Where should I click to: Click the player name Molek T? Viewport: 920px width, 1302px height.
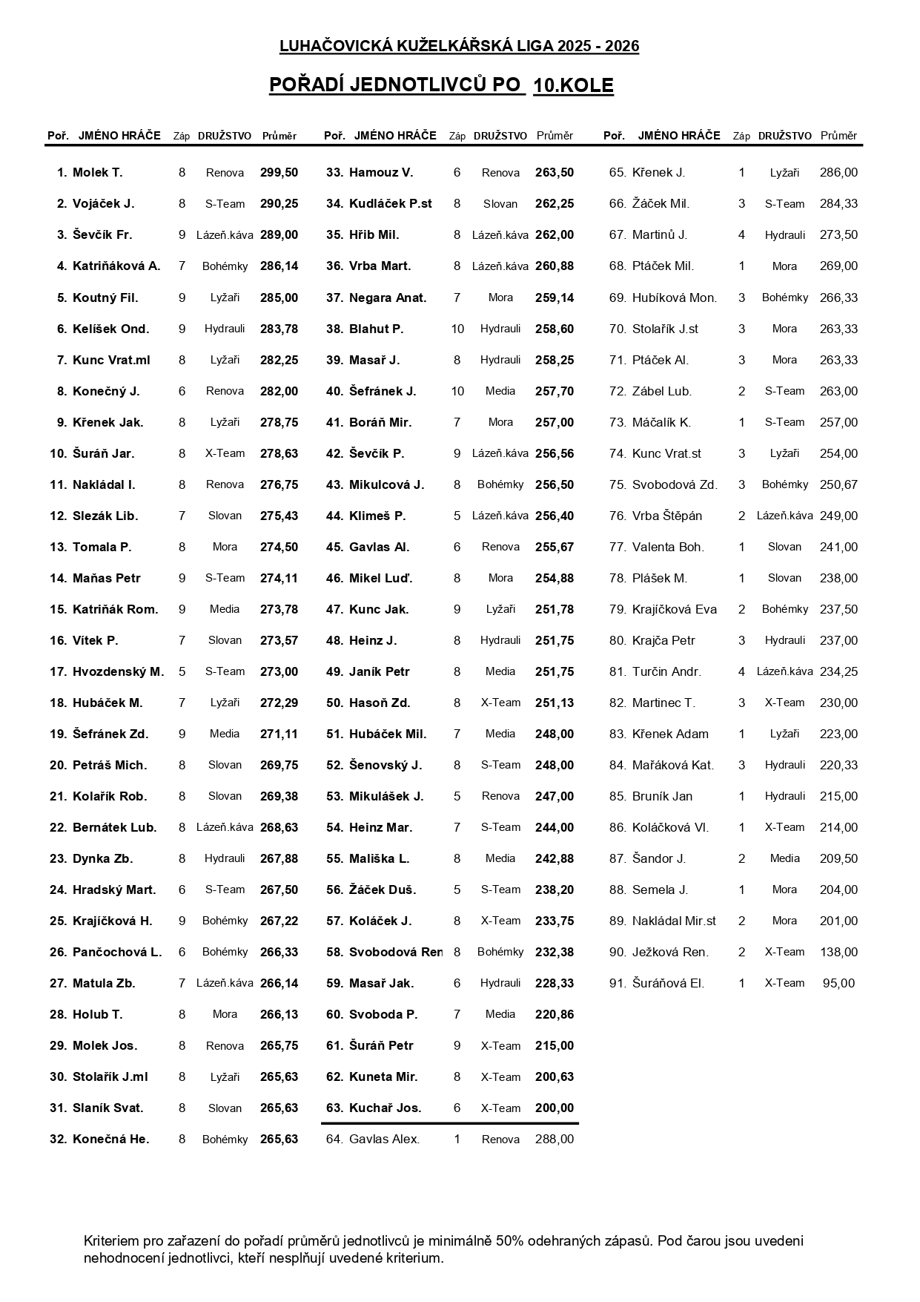pos(97,173)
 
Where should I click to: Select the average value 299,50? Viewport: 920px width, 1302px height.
pos(279,173)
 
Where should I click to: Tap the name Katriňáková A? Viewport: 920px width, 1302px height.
pos(116,266)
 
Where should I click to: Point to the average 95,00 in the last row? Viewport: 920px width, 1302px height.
pos(838,984)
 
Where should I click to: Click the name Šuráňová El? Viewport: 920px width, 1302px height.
pos(668,984)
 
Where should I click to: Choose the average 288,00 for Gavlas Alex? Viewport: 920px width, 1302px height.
pos(554,1140)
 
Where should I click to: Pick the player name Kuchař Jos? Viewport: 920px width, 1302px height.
pos(385,1108)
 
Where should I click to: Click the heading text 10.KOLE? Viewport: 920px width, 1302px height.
pos(573,86)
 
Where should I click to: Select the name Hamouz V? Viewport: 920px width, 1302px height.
pos(381,173)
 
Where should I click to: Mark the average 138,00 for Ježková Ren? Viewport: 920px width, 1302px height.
pos(838,953)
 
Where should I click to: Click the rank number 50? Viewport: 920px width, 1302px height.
pos(335,703)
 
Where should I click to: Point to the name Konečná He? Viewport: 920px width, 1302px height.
pos(111,1140)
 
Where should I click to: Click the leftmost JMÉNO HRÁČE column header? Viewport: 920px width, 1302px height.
pos(119,136)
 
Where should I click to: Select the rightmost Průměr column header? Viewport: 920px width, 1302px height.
pos(838,136)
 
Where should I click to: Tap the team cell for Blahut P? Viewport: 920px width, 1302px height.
pos(500,329)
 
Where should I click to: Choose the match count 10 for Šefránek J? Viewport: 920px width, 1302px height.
pos(457,391)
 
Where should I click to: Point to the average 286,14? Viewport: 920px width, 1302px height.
pos(279,266)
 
